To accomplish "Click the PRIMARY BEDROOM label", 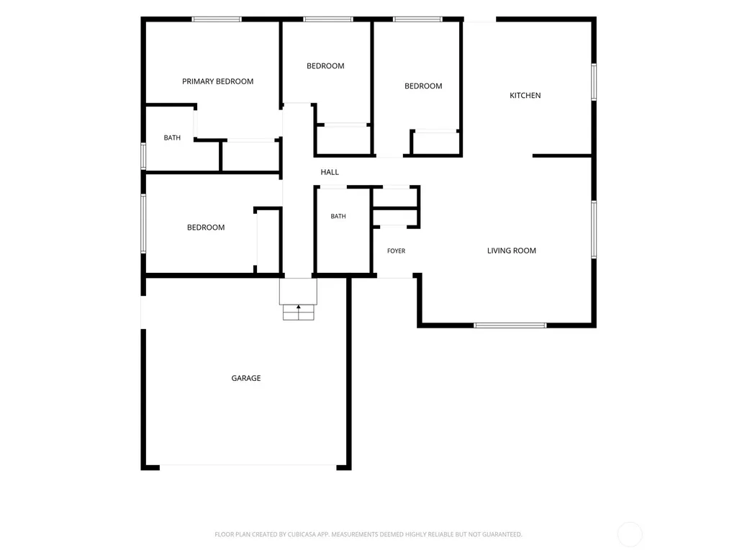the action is click(217, 81).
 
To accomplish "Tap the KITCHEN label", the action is click(525, 96).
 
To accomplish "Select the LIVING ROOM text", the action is click(512, 251).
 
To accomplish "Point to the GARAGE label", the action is click(246, 378).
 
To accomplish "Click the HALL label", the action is click(330, 172).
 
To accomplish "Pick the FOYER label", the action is click(397, 251).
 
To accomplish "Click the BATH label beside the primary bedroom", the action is click(172, 138).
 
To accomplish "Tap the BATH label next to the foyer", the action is click(338, 216).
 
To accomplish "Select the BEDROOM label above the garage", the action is click(206, 228).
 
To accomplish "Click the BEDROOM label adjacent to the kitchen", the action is click(423, 86).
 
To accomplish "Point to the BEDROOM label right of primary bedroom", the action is click(325, 66).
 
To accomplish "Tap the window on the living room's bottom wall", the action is click(510, 325).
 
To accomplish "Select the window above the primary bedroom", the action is click(217, 19).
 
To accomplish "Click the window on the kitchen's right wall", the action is click(594, 82).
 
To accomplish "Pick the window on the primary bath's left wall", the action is click(143, 156).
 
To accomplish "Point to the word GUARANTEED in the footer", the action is click(502, 534).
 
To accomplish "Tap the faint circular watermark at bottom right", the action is click(629, 534).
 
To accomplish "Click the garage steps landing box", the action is click(298, 292).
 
